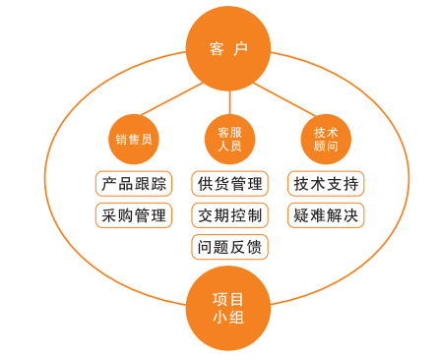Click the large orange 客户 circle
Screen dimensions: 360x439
point(229,46)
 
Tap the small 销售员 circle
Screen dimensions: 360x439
point(133,139)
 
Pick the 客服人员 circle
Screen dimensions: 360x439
point(229,139)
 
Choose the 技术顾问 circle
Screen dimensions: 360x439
point(326,139)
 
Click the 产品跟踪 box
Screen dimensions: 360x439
point(133,184)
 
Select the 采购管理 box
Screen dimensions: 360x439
point(133,214)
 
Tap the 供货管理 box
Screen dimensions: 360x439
point(229,184)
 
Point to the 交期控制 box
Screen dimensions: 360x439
point(229,214)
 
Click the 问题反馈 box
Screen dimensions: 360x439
point(229,246)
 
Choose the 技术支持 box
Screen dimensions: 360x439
point(327,184)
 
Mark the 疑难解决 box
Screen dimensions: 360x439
point(327,214)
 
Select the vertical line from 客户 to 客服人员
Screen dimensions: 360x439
point(229,101)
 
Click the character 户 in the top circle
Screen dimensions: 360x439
point(242,48)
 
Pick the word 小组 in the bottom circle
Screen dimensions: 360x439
point(229,318)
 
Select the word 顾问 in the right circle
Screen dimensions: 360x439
point(326,148)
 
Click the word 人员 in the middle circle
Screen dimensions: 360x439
point(229,148)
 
